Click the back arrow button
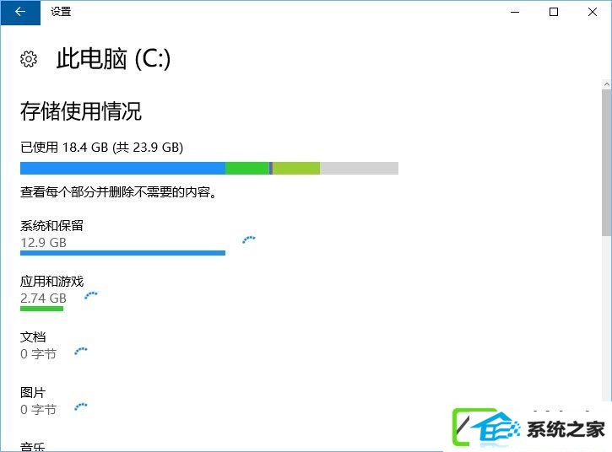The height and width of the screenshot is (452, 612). coord(20,12)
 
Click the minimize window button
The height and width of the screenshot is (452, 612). coord(515,12)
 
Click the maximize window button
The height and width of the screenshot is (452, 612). coord(554,12)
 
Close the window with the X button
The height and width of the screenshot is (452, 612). coord(592,12)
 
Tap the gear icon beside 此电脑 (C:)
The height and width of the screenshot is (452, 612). coord(29,59)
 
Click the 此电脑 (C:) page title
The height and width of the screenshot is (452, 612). coord(113,59)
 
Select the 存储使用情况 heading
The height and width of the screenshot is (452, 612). coord(81,111)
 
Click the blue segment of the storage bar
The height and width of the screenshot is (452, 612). coord(122,168)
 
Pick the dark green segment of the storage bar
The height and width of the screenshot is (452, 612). coord(247,168)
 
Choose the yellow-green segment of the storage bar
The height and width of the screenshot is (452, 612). coord(296,168)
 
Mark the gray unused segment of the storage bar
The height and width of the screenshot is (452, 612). coord(359,168)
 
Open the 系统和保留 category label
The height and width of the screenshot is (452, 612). coord(51,225)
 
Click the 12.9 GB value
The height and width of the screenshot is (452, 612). coord(43,243)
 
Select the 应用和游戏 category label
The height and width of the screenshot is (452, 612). coord(51,281)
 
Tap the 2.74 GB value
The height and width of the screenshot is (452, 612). coord(43,299)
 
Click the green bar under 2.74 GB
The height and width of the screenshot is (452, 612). coord(41,309)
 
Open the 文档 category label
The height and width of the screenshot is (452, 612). coord(33,337)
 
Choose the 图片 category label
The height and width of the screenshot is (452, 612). coord(33,393)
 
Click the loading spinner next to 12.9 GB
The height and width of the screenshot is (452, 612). coord(249,239)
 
